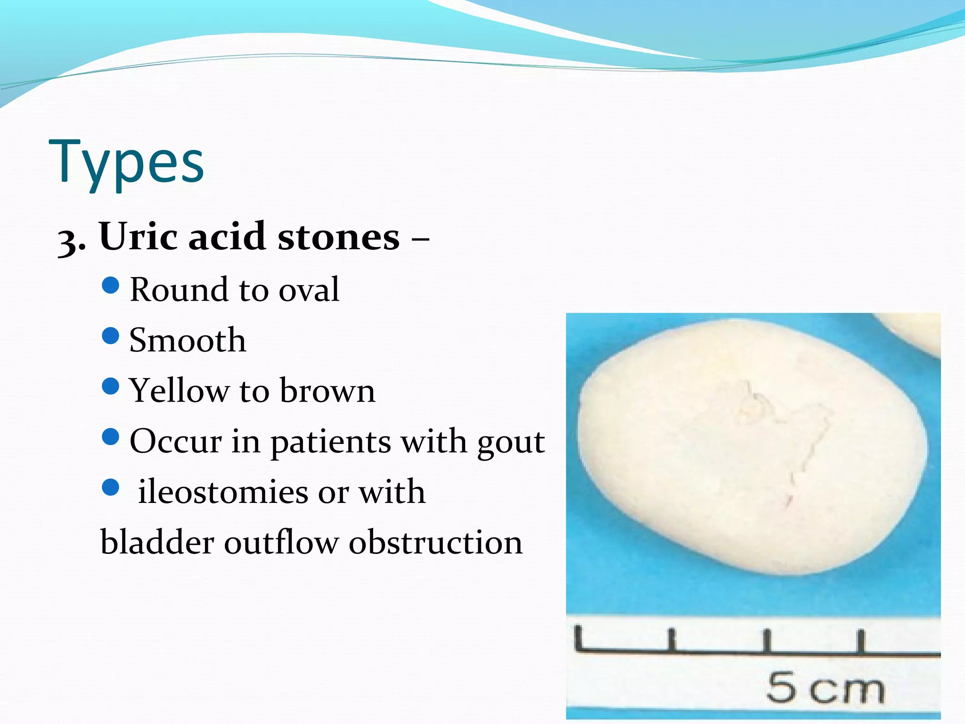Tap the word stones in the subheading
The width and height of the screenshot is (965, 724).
tap(338, 237)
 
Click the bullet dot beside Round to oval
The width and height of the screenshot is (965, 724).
tap(111, 286)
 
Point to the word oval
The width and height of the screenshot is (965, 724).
tap(309, 290)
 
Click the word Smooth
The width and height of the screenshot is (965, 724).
tap(188, 340)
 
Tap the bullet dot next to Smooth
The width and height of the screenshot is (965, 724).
tap(111, 336)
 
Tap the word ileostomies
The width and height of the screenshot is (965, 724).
tap(222, 492)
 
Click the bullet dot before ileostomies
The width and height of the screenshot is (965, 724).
tap(111, 488)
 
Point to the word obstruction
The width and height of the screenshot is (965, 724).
tap(435, 543)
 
